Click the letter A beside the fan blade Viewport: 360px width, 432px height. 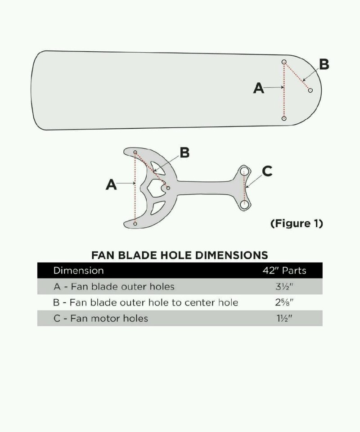[x=258, y=88]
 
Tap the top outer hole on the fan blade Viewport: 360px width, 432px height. [x=284, y=62]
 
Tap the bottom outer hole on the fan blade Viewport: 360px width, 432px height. [x=284, y=118]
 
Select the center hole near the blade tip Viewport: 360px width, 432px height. [x=310, y=90]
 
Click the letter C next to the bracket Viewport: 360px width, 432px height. [x=267, y=171]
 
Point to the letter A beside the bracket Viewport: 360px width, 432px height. [x=111, y=184]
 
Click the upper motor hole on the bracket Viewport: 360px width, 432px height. [x=244, y=171]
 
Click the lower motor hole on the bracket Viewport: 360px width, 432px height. [x=244, y=204]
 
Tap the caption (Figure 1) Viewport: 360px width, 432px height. [x=296, y=223]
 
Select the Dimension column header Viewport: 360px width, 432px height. [x=78, y=271]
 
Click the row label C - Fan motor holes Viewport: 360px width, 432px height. [x=101, y=319]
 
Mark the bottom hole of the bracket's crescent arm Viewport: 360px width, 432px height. [x=135, y=223]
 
